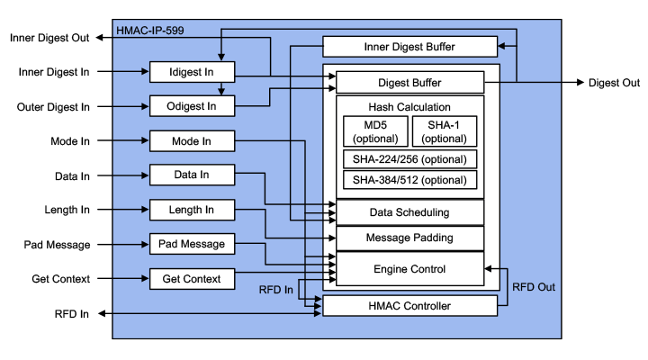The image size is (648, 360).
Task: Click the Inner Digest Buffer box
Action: click(409, 47)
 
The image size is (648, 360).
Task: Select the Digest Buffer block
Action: click(409, 83)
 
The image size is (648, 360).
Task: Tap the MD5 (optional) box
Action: click(374, 131)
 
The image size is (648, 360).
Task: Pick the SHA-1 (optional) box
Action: click(445, 131)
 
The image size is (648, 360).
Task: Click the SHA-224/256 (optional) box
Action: click(409, 159)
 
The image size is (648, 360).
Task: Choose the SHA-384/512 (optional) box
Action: click(409, 179)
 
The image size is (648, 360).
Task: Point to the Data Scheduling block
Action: click(409, 212)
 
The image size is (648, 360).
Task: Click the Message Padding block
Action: click(409, 238)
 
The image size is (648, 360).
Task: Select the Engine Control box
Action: click(409, 268)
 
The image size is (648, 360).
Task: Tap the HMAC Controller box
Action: click(409, 306)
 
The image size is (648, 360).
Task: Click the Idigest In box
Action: click(192, 72)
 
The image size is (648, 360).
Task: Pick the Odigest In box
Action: click(192, 106)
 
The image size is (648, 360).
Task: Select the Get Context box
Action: click(192, 279)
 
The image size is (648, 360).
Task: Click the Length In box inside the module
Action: click(192, 210)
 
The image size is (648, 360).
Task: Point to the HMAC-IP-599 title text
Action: click(152, 31)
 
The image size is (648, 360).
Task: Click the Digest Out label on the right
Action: click(614, 83)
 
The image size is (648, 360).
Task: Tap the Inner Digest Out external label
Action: click(49, 38)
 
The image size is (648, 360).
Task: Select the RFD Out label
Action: click(534, 287)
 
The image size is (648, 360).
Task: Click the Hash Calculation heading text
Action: click(409, 107)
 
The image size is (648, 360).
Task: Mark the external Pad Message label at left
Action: click(57, 245)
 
